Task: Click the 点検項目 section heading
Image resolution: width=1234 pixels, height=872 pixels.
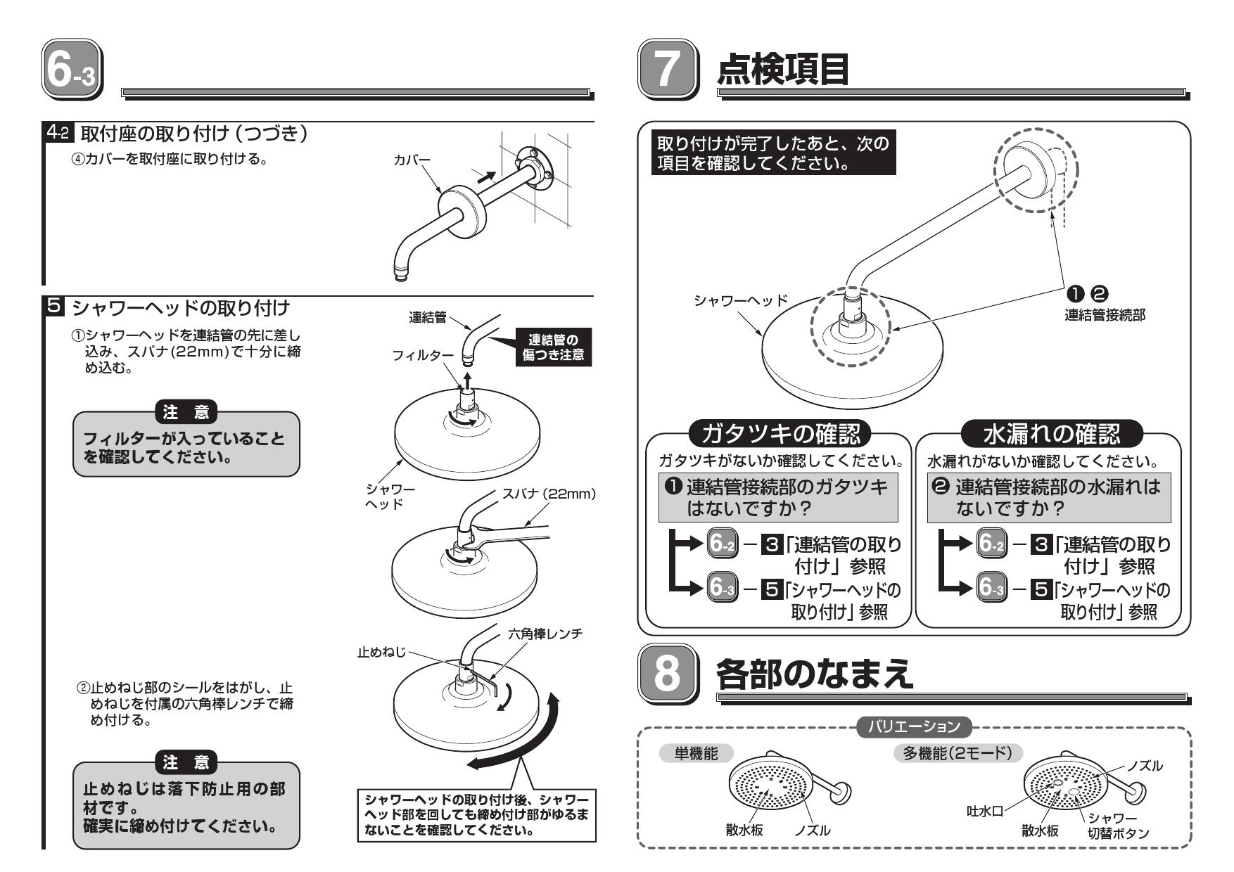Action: [x=782, y=70]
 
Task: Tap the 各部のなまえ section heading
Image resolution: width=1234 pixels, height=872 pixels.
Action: [x=814, y=673]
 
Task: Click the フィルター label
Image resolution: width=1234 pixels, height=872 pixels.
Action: [x=423, y=356]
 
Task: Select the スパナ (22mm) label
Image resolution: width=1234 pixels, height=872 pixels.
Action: [x=549, y=494]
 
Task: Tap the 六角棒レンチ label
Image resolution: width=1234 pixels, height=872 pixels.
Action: [x=545, y=634]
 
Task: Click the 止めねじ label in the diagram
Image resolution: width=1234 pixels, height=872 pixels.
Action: [x=381, y=653]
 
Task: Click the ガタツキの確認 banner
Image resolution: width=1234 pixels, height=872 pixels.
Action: [x=778, y=434]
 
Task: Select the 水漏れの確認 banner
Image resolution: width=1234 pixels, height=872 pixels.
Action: [x=1052, y=434]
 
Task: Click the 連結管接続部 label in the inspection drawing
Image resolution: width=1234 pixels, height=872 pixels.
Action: [x=1105, y=315]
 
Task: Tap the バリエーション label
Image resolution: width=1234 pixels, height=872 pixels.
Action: [x=914, y=726]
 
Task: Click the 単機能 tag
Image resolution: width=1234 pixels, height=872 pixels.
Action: [x=696, y=753]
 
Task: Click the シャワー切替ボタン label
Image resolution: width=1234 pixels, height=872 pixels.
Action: [x=1118, y=826]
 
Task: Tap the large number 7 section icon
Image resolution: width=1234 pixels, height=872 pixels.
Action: [x=668, y=70]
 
